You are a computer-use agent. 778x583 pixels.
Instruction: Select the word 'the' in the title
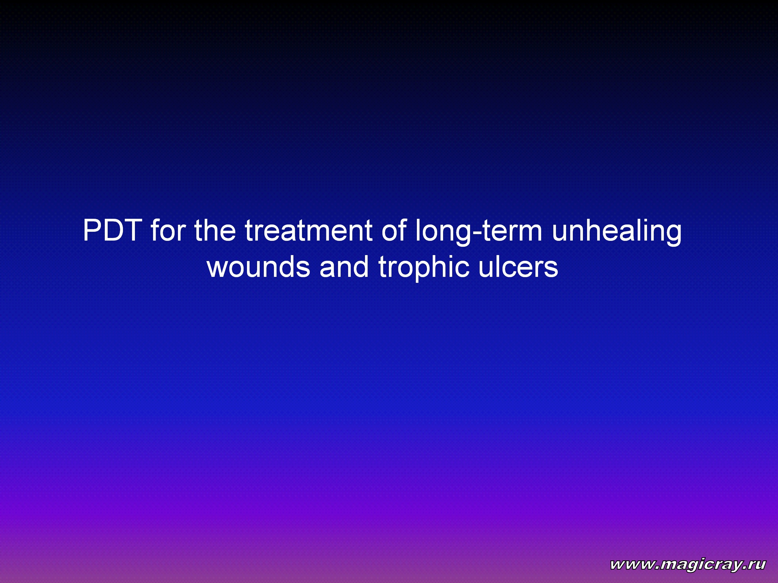click(x=215, y=230)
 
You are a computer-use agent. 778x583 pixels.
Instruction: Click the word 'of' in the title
click(x=394, y=230)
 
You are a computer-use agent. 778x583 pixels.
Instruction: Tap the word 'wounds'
click(x=259, y=267)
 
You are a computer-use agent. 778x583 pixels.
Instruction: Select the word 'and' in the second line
click(x=344, y=267)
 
